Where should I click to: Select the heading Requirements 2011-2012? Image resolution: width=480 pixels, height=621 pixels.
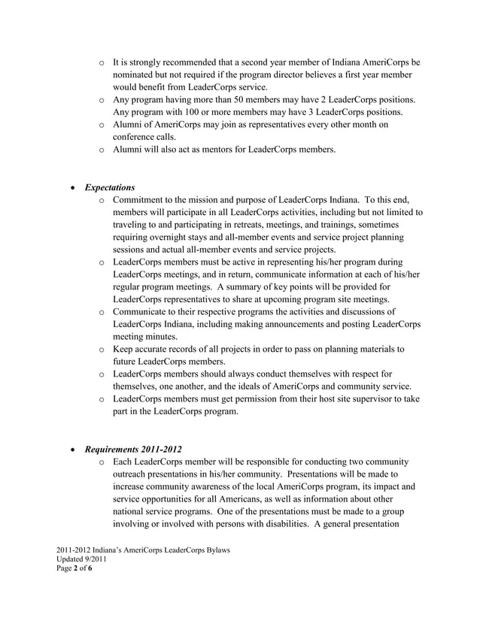point(134,449)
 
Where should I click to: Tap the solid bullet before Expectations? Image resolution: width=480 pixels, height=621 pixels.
point(74,187)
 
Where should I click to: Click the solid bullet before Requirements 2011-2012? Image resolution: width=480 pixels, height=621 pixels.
point(74,450)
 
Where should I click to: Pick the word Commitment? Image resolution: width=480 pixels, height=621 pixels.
point(141,199)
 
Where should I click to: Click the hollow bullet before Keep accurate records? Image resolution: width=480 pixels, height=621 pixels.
point(101,350)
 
